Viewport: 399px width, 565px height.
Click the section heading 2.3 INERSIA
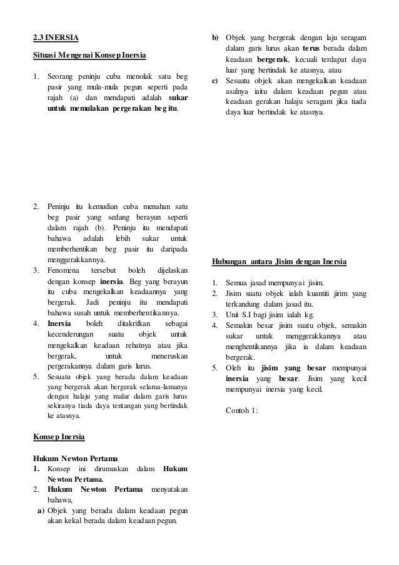[x=56, y=36]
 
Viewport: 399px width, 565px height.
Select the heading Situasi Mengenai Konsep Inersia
[x=89, y=56]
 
